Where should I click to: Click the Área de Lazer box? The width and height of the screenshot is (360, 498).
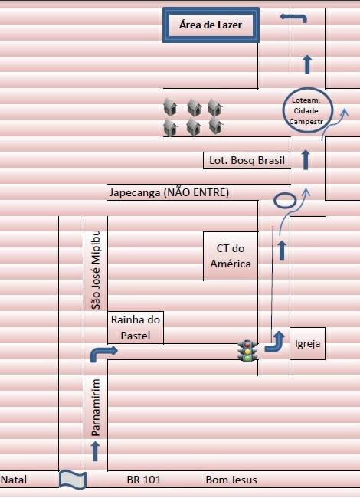click(211, 25)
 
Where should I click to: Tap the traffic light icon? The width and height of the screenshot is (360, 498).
click(248, 351)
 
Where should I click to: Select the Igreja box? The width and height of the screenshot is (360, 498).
click(307, 344)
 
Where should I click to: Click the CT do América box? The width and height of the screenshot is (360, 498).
click(231, 256)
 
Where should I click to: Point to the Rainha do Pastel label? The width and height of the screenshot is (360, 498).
click(136, 327)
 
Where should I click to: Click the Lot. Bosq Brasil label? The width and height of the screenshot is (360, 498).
click(247, 160)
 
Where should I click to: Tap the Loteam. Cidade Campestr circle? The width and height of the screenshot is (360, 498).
click(307, 110)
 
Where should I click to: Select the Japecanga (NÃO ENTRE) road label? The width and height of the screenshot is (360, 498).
click(169, 192)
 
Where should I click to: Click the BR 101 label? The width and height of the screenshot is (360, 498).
click(144, 480)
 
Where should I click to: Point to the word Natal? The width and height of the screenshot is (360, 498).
click(14, 480)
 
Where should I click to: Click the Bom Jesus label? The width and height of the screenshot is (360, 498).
click(231, 480)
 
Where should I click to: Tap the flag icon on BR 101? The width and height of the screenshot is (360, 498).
click(73, 480)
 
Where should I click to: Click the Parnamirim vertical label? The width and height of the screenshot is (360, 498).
click(96, 408)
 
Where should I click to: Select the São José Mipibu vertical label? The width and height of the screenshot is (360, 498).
click(96, 270)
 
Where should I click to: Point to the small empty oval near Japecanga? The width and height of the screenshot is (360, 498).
click(285, 201)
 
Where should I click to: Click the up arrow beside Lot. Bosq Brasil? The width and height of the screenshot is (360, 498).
click(306, 160)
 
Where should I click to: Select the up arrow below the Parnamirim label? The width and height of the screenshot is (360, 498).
click(95, 451)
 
